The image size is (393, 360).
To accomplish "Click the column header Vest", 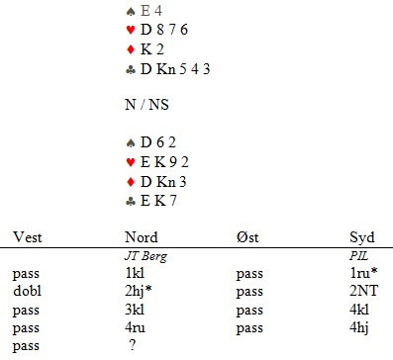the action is pyautogui.click(x=28, y=237).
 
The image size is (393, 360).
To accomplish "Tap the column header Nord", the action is pyautogui.click(x=142, y=237).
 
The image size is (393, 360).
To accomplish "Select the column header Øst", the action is pyautogui.click(x=247, y=237).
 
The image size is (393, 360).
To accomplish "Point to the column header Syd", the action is pyautogui.click(x=362, y=237).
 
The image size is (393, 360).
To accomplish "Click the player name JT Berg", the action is pyautogui.click(x=146, y=256).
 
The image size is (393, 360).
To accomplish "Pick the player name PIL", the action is pyautogui.click(x=358, y=256).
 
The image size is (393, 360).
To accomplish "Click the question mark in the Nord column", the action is pyautogui.click(x=133, y=345).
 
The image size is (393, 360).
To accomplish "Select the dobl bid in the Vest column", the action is pyautogui.click(x=27, y=291).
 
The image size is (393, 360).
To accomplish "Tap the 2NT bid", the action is pyautogui.click(x=363, y=291).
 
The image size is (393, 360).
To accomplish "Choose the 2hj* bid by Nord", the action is pyautogui.click(x=139, y=292).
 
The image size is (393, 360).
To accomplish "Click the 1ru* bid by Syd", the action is pyautogui.click(x=363, y=273).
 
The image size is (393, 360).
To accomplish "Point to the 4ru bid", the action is pyautogui.click(x=135, y=327).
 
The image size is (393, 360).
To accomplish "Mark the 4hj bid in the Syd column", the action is pyautogui.click(x=359, y=328).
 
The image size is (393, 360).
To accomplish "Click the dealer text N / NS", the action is pyautogui.click(x=147, y=105).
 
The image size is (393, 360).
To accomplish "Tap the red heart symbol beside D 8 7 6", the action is pyautogui.click(x=131, y=30).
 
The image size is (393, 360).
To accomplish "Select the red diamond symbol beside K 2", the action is pyautogui.click(x=131, y=49).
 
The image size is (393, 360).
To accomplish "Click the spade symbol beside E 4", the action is pyautogui.click(x=131, y=12).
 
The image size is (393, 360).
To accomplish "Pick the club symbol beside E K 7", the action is pyautogui.click(x=131, y=202).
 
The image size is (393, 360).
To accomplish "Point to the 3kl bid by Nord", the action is pyautogui.click(x=135, y=310).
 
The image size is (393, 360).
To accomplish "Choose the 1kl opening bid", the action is pyautogui.click(x=135, y=273).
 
